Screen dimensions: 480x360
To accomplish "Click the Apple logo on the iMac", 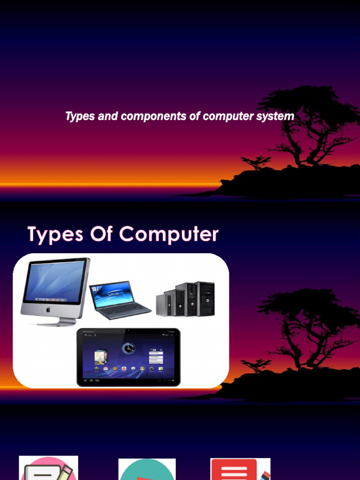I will coord(48,310).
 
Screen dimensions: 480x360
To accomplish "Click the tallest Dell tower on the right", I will coord(205,299).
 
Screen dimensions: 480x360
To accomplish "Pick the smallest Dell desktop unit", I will coord(162,304).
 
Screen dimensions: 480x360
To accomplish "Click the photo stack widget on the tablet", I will coord(99,357).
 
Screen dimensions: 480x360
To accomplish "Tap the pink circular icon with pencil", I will coord(48,469).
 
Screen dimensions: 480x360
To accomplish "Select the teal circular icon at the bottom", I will coord(147,470).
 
